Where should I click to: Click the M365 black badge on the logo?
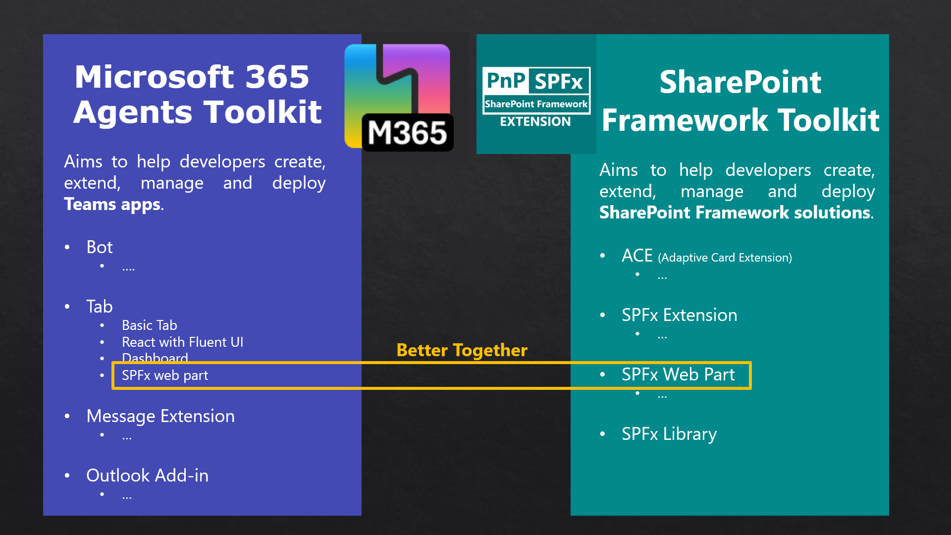coord(407,132)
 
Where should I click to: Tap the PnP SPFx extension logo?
coord(536,94)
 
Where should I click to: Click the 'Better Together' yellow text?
coord(462,350)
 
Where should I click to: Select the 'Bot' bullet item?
coord(99,247)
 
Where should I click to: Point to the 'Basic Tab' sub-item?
coord(149,325)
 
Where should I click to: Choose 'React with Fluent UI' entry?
coord(182,342)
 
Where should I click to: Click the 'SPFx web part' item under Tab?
coord(165,375)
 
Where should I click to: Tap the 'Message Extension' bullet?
coord(160,416)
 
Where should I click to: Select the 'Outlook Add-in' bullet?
coord(147,476)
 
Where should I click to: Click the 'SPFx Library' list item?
coord(669,434)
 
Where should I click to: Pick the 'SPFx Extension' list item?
coord(679,315)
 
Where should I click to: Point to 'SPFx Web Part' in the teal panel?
coord(678,374)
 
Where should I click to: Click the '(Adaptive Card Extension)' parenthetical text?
coord(725,258)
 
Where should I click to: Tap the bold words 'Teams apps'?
coord(112,205)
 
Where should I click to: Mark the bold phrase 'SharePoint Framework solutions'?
coord(735,213)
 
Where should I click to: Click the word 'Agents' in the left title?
coord(133,112)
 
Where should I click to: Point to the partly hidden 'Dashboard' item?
coord(155,358)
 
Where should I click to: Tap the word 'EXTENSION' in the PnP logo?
coord(535,122)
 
